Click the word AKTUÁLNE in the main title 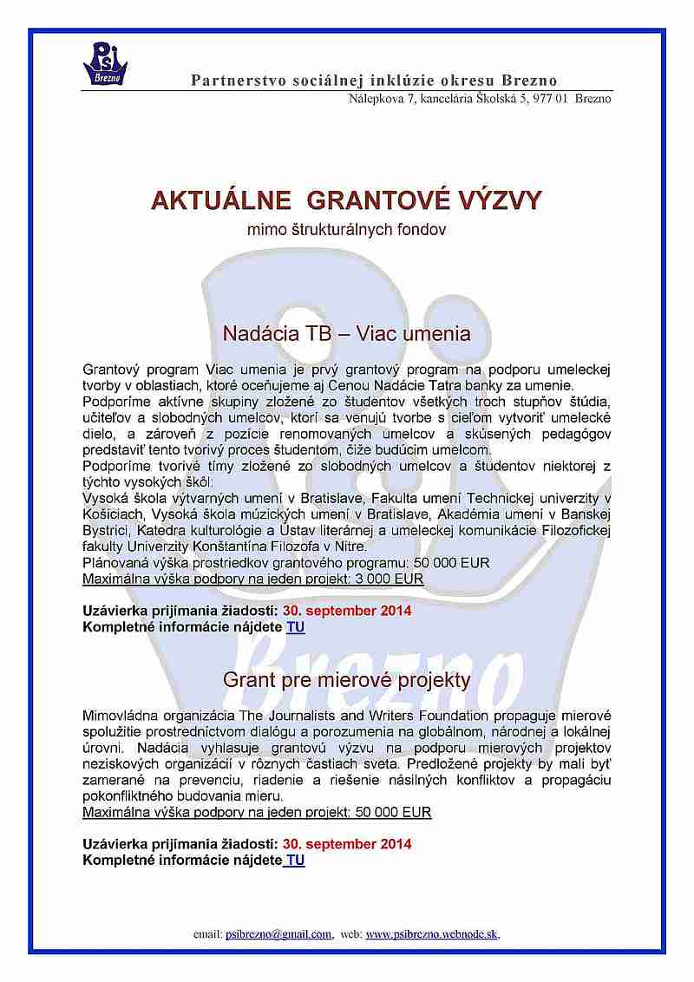click(208, 200)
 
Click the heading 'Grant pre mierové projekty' click(347, 679)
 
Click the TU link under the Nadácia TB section click(296, 625)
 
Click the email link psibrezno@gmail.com click(278, 934)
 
